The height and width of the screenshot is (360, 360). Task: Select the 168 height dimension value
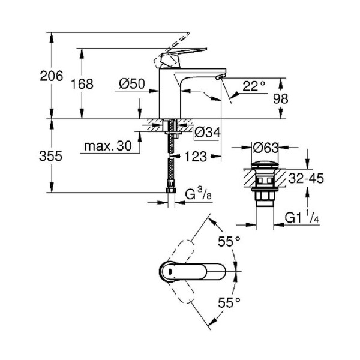point(83,84)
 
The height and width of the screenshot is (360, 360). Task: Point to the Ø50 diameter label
point(131,85)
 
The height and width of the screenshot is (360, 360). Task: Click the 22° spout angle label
point(254,86)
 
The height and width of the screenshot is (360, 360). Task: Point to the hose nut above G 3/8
point(169,193)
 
